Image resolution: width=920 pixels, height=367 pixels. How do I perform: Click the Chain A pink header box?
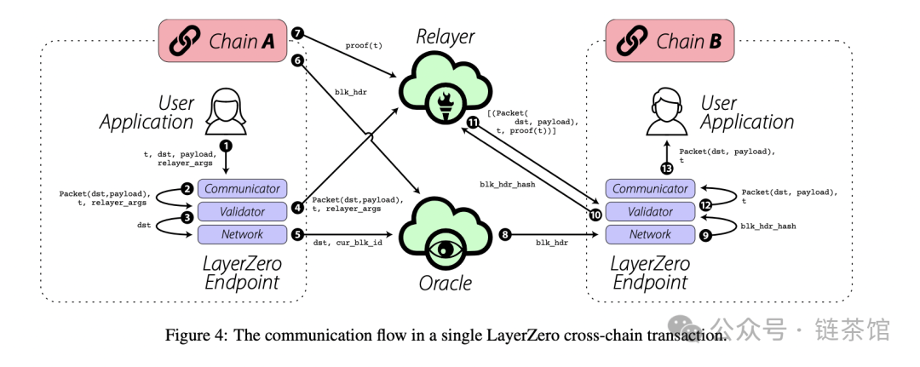click(x=223, y=41)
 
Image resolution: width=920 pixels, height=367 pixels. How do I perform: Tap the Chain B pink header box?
click(x=670, y=41)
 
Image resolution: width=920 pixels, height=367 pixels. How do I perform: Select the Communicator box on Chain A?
click(x=242, y=189)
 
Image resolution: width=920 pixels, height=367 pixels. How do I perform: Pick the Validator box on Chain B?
click(x=651, y=212)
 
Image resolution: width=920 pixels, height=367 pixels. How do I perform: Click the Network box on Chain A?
click(x=242, y=234)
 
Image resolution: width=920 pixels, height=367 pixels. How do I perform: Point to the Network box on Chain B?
click(x=651, y=234)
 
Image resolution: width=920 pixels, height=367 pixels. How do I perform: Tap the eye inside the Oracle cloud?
click(x=445, y=248)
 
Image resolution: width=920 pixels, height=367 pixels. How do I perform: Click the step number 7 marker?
click(x=297, y=33)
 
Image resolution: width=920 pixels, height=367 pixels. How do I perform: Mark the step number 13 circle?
click(x=666, y=169)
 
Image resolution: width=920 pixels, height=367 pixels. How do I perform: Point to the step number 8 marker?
click(x=504, y=234)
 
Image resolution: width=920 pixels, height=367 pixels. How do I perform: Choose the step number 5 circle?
click(x=297, y=234)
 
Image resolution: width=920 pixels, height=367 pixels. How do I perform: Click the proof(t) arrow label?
click(x=364, y=45)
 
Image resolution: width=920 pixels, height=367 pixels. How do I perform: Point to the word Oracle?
click(x=446, y=284)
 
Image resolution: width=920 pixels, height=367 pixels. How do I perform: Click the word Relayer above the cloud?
click(x=446, y=37)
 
